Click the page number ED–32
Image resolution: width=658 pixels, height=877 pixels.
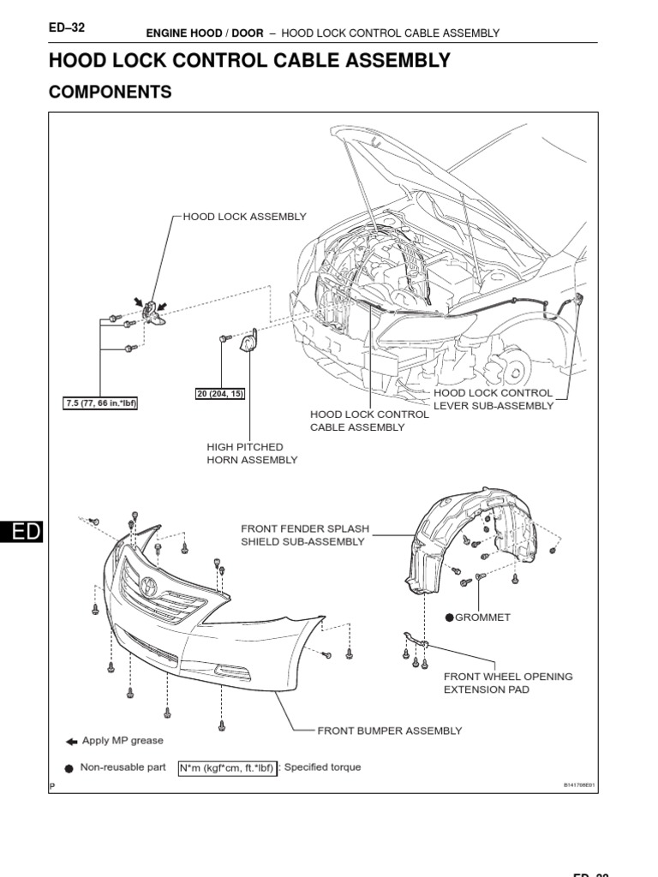coord(66,27)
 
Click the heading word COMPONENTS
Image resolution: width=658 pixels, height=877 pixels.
coord(111,92)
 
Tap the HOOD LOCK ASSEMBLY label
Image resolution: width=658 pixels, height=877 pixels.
coord(244,217)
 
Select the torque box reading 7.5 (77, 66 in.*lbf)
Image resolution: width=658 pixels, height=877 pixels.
coord(101,403)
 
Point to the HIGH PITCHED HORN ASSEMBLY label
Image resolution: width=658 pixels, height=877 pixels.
coord(252,453)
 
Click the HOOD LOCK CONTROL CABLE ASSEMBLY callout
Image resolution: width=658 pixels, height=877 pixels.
coord(369,421)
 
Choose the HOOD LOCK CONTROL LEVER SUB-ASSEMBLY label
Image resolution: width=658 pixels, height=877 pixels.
coord(493,399)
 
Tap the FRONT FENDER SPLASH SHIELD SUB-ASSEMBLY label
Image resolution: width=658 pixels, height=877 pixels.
coord(305,535)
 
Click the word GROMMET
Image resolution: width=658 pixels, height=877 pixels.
coord(484,617)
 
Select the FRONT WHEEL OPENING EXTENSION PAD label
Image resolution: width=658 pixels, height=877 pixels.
coord(508,683)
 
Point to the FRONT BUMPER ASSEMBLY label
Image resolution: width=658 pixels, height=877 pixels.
coord(390,731)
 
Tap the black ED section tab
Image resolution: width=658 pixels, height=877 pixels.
coord(21,532)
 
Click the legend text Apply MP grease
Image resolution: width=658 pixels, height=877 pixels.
coord(123,741)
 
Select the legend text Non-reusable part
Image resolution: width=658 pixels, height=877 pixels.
coord(123,767)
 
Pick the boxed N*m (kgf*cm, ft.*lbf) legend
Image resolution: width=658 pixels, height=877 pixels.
coord(227,768)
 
